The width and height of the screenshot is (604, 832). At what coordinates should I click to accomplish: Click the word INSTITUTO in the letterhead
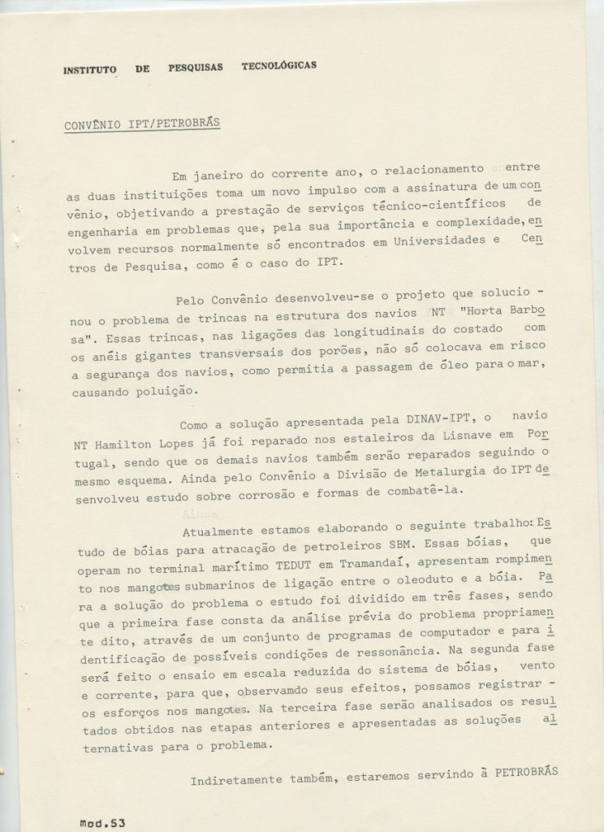click(90, 71)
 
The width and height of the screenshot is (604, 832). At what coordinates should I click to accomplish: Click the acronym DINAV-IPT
click(444, 422)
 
